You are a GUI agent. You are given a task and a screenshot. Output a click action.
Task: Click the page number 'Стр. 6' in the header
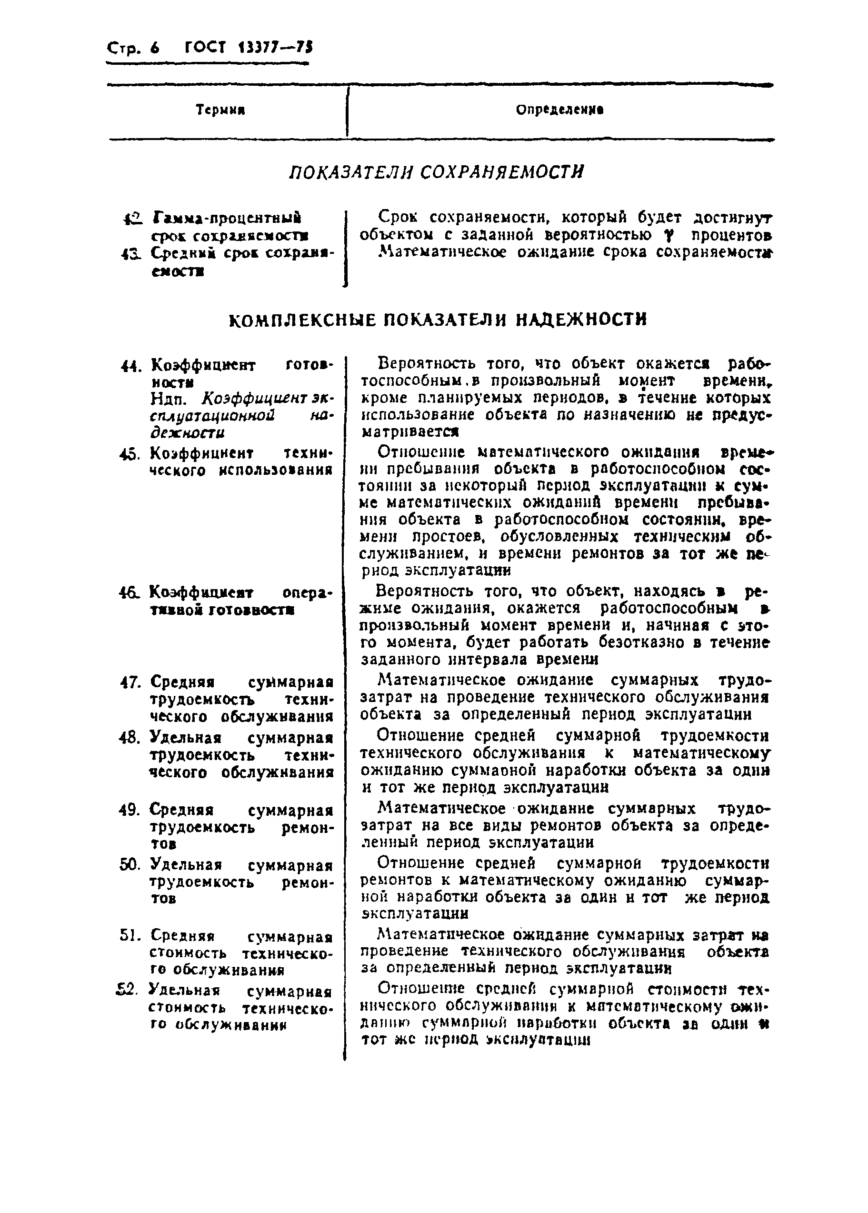tap(133, 48)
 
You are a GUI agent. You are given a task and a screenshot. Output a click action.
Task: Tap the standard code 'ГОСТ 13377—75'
tap(249, 48)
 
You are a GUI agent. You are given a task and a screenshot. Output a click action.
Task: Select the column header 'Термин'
tap(220, 110)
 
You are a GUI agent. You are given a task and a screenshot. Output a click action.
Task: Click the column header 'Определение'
tap(559, 110)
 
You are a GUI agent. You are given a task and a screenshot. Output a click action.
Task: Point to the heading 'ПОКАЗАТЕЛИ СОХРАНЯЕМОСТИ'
tap(436, 172)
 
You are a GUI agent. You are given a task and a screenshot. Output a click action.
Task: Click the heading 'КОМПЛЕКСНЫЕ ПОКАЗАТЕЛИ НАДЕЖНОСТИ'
tap(438, 320)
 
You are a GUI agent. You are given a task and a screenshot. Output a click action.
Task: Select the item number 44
tap(130, 367)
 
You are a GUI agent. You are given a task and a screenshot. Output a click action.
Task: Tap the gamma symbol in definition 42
tap(664, 236)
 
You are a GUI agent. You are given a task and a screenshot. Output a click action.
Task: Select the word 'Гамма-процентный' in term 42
tap(227, 219)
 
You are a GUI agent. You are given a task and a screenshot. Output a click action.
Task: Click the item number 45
tap(130, 454)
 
